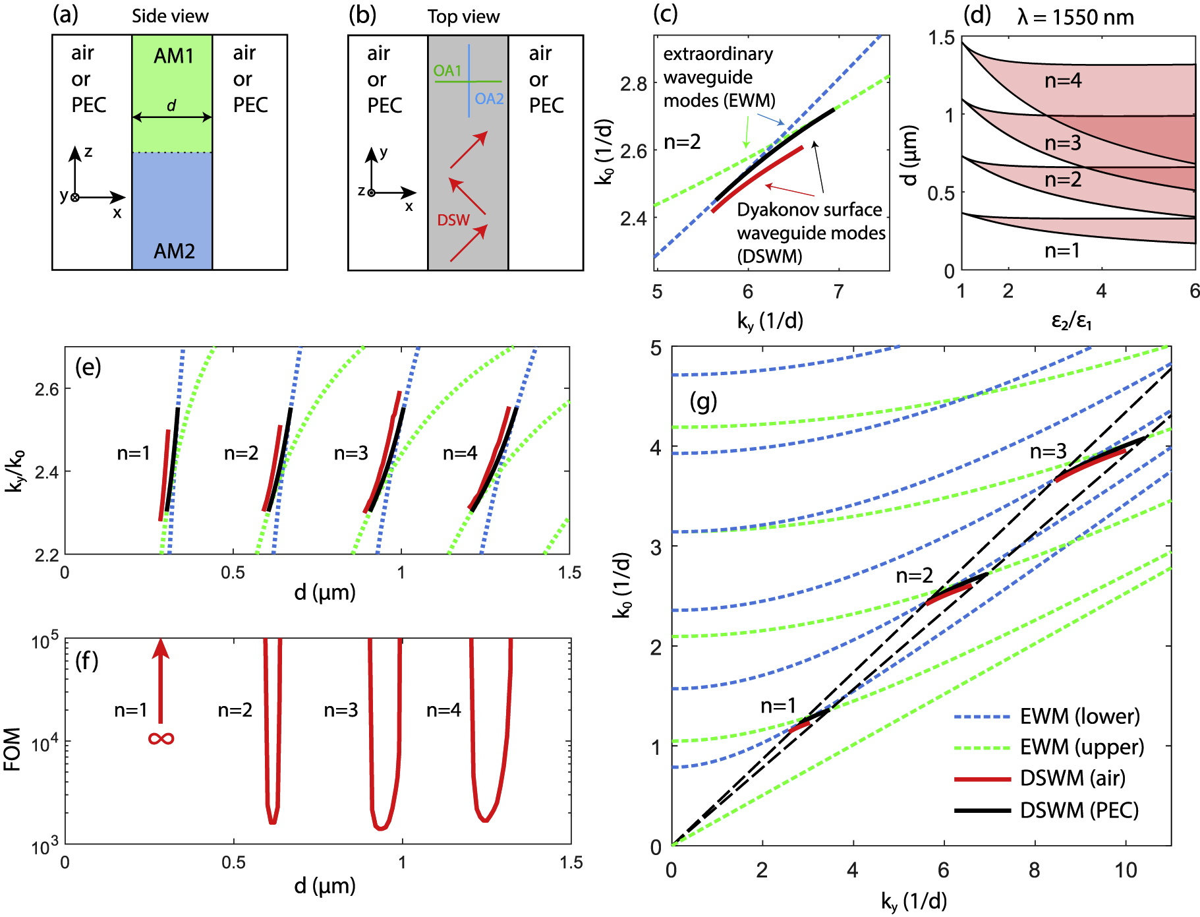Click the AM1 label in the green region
(173, 56)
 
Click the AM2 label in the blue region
(174, 251)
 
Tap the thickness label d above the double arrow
(171, 105)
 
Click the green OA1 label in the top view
(447, 71)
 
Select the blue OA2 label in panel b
(489, 99)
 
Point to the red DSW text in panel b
(453, 220)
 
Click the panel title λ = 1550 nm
(1075, 17)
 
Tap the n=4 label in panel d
(1063, 81)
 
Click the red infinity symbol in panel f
(161, 738)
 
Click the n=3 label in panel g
(1048, 452)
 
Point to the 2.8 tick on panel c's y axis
(633, 84)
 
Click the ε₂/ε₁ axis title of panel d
(1071, 321)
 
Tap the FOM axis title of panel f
(13, 750)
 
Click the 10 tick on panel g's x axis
(1126, 871)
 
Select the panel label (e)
(88, 367)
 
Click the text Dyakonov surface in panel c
(809, 210)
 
